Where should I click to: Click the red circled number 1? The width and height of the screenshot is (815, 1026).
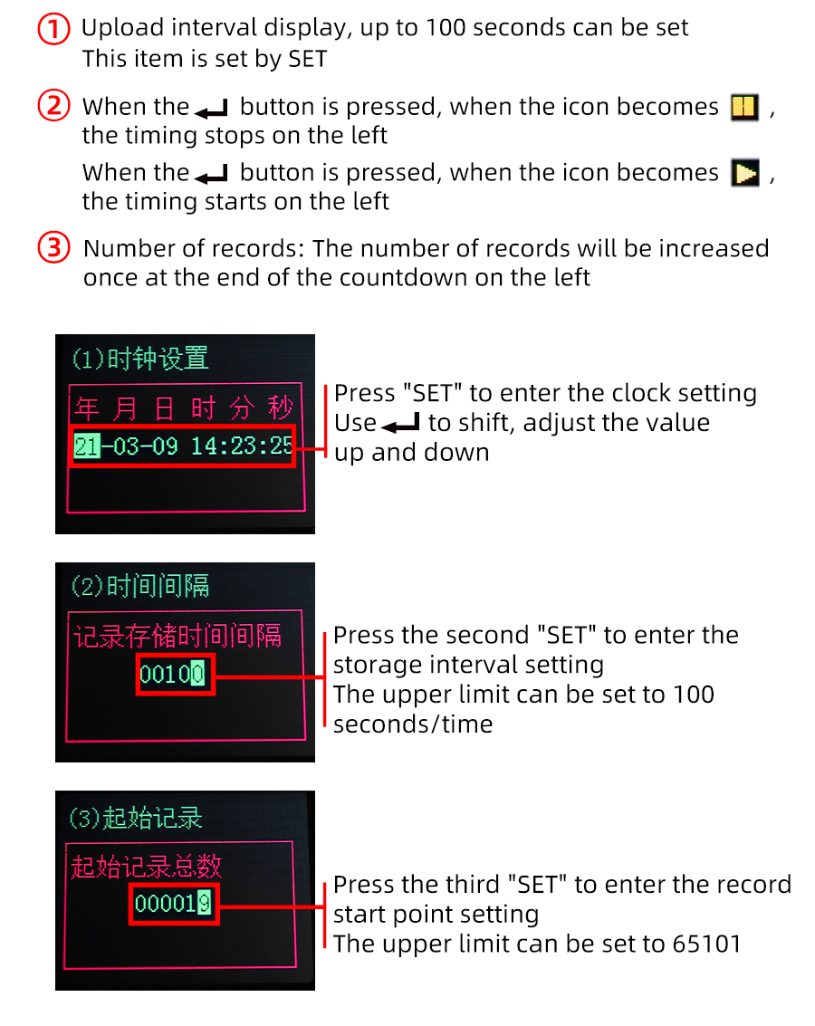coord(53,30)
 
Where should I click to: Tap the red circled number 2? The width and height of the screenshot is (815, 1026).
coord(53,106)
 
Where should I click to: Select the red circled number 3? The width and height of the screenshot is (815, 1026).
coord(53,248)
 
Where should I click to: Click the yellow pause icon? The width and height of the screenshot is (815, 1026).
coord(744,107)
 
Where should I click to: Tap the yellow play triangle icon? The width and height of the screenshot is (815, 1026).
coord(745,173)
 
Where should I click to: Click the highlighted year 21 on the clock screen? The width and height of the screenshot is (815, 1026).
coord(87,446)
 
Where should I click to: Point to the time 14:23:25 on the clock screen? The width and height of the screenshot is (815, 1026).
coord(242,446)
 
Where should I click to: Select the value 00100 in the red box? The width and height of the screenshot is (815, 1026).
coord(172,674)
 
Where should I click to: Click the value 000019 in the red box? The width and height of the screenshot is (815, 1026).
coord(173,904)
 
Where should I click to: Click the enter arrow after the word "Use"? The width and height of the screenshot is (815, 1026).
coord(400,424)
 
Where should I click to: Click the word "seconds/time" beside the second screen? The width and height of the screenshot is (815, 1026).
coord(413,724)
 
